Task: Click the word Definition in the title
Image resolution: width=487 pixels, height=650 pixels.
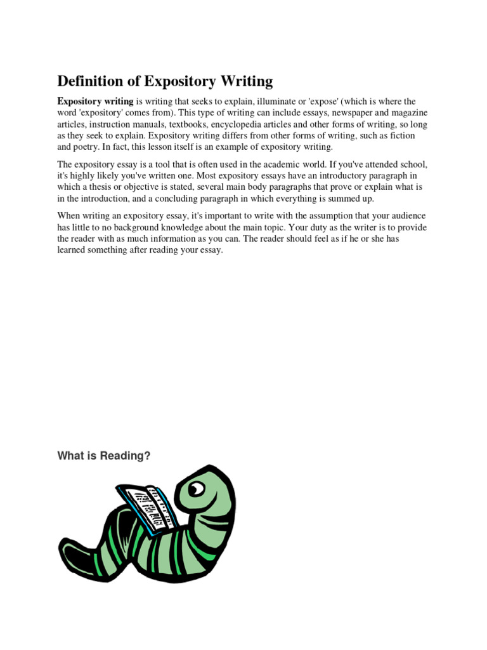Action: (x=91, y=81)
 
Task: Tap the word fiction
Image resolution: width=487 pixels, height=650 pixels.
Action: (x=401, y=136)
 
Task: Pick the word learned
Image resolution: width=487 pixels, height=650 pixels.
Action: (x=73, y=251)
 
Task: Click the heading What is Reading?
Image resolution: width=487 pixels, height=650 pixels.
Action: (x=104, y=456)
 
